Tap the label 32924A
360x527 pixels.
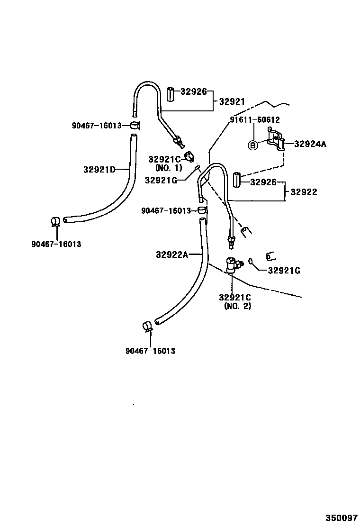tap(310, 144)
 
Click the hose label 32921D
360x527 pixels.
tap(99, 169)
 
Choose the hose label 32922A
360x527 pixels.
tap(172, 255)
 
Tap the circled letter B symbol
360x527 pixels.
tap(253, 145)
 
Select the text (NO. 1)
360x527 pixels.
tap(168, 168)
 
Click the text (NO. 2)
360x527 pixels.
tap(238, 306)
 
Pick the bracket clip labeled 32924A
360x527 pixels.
tap(277, 140)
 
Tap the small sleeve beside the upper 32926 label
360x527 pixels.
tap(171, 94)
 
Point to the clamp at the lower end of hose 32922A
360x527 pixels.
tap(147, 327)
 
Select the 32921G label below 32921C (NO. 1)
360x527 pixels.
tap(161, 180)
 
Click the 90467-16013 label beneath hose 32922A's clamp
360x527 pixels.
tap(150, 351)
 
